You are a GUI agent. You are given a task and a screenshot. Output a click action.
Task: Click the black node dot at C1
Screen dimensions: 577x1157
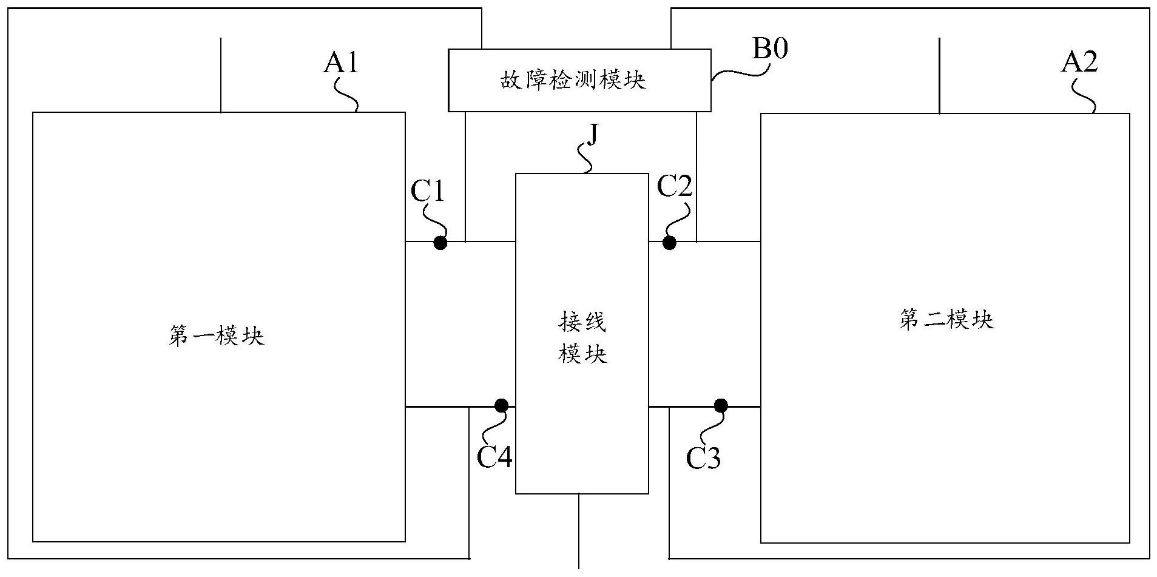point(440,243)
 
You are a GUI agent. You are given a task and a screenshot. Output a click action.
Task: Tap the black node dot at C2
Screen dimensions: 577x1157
point(669,243)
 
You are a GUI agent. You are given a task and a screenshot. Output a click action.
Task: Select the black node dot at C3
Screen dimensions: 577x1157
point(721,405)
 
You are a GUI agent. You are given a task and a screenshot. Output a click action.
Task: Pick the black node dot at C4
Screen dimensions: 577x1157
point(501,405)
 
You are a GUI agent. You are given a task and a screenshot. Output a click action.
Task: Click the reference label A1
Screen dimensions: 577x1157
point(340,62)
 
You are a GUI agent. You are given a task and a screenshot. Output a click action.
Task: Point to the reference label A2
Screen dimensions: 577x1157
point(1079,62)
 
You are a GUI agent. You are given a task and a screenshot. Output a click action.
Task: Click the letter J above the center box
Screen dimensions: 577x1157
point(593,135)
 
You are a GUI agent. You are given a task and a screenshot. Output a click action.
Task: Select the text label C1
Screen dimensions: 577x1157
point(428,192)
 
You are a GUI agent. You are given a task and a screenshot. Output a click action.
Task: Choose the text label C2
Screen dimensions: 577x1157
point(675,187)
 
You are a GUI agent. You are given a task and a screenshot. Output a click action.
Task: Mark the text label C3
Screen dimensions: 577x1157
point(703,458)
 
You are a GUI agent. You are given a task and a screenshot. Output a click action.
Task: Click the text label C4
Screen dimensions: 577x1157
point(494,457)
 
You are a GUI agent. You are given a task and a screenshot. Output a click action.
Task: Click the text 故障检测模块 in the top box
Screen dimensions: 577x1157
point(573,80)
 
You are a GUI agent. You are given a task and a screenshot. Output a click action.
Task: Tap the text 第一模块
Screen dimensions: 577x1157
point(217,336)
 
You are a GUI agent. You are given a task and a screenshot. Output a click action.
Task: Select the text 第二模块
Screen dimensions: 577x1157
point(946,319)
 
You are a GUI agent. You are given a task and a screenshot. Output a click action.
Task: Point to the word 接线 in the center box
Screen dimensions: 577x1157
point(582,323)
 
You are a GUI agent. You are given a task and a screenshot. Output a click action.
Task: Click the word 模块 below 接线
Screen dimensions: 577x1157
point(582,353)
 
